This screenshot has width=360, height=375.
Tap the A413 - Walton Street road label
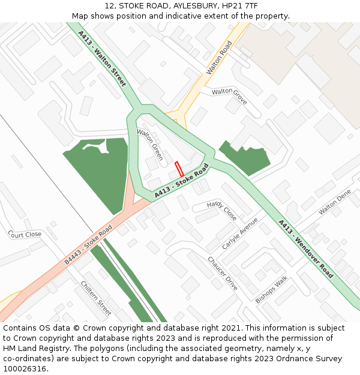point(103,59)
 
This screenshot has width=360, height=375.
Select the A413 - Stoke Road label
point(181,181)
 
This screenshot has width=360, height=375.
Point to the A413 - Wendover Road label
point(305,249)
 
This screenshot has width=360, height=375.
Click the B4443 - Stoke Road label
point(88,245)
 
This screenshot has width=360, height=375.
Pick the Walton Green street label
point(150,145)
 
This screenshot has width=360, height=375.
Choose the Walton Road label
point(219,58)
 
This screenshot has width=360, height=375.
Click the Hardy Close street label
point(222,211)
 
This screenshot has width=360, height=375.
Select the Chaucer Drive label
point(223,273)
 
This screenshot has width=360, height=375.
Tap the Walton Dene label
point(335,202)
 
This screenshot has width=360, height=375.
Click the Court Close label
point(25,234)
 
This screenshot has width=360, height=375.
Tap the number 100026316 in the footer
point(23,369)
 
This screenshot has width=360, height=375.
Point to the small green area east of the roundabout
point(246,157)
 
